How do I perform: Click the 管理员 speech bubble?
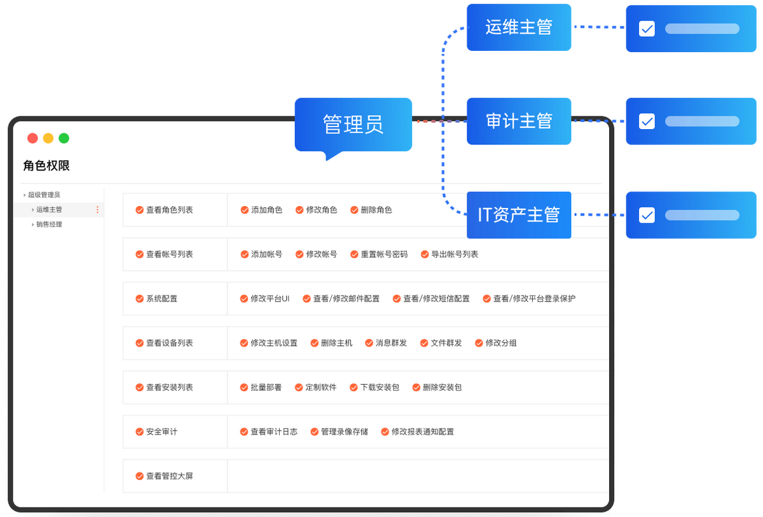click(354, 125)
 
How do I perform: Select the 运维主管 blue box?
click(519, 27)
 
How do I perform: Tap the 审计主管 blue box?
click(519, 121)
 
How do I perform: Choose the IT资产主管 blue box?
click(519, 215)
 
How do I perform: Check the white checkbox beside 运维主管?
click(647, 29)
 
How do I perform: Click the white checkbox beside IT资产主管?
click(647, 215)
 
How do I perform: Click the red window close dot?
click(32, 138)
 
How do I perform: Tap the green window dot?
click(64, 138)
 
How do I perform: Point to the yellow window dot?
click(48, 138)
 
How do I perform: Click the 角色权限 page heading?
click(46, 165)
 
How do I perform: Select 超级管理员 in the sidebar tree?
click(44, 195)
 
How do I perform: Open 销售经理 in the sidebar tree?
click(50, 224)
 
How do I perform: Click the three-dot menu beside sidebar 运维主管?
click(97, 210)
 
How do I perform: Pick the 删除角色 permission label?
click(376, 210)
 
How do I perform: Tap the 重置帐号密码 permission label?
click(384, 254)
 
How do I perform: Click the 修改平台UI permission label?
click(270, 299)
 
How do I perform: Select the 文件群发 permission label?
click(446, 343)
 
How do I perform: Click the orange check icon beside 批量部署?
click(244, 387)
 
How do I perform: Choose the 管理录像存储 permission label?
click(345, 432)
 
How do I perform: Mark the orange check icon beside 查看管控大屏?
click(139, 476)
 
